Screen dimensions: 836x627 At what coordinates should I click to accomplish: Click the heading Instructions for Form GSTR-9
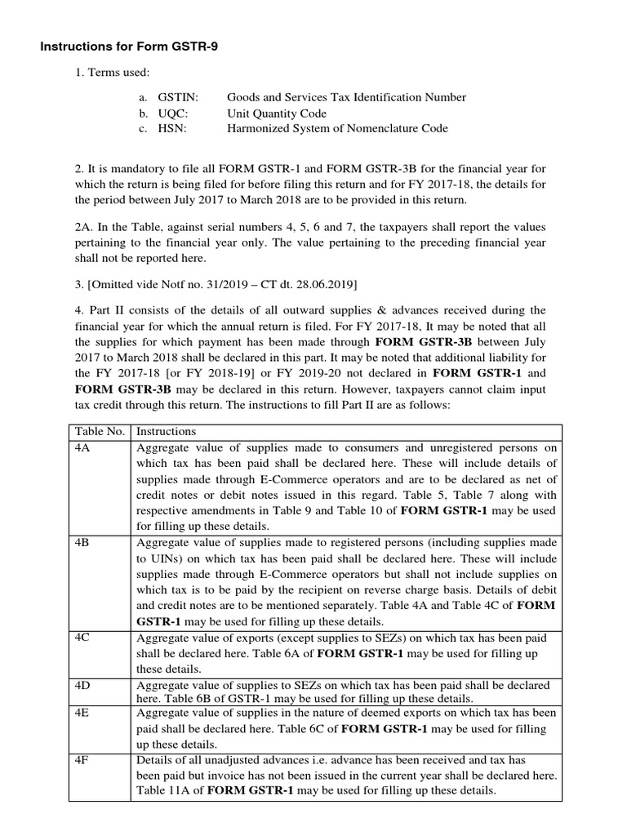[x=129, y=47]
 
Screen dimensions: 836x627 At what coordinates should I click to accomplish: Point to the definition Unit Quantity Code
[x=276, y=113]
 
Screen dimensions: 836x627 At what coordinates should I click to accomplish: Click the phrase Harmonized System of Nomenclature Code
[x=336, y=128]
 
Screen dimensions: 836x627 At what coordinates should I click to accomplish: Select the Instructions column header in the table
[x=166, y=431]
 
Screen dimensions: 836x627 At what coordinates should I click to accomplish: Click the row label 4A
[x=82, y=447]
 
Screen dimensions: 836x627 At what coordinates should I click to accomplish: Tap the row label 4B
[x=82, y=542]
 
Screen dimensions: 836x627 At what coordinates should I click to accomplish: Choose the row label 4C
[x=82, y=637]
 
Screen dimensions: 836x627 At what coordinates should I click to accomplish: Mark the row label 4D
[x=82, y=684]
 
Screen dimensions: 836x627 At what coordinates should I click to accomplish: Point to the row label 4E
[x=82, y=712]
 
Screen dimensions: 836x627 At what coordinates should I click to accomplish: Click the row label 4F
[x=82, y=760]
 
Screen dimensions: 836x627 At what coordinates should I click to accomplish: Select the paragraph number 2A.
[x=84, y=227]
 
